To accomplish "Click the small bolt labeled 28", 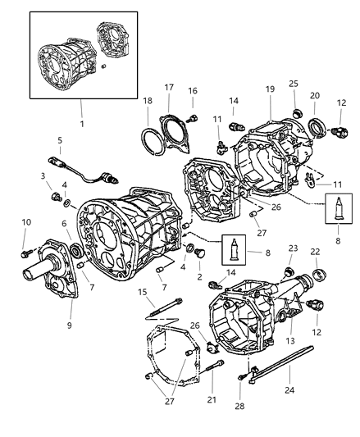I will click(241, 376).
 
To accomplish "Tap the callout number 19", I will click(270, 89).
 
